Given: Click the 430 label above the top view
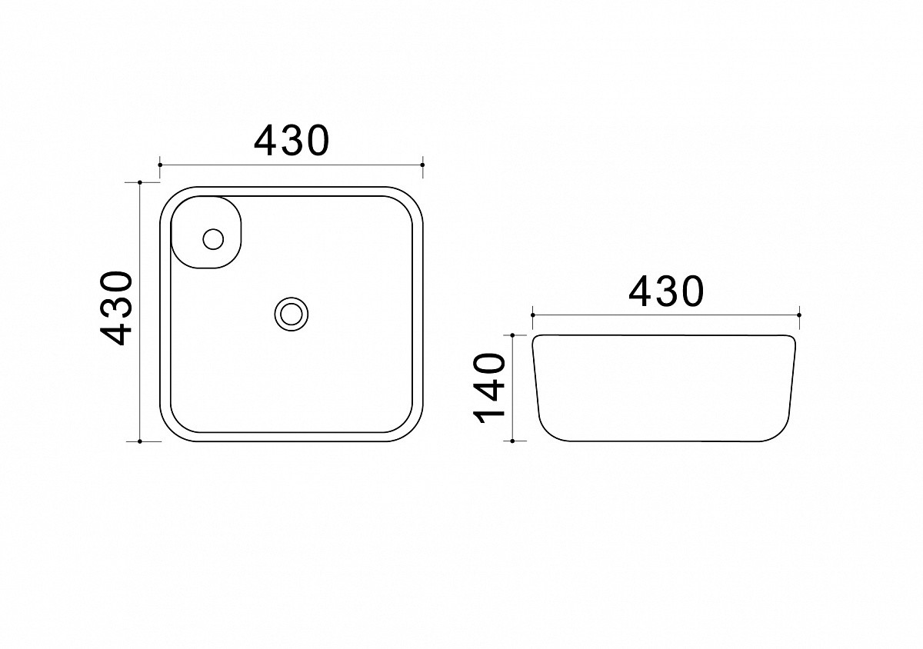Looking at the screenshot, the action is click(x=292, y=141).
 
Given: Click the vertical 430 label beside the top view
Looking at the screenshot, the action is click(x=116, y=308).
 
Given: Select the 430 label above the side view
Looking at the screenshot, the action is click(x=666, y=291).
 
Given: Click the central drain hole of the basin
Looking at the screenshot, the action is click(x=292, y=314).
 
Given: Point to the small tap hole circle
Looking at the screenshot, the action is click(x=213, y=239).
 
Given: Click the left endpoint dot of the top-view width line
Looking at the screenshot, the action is click(x=160, y=165).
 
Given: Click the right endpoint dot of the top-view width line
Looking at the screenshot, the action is click(x=423, y=165).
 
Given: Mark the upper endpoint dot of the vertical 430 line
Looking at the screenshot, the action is click(x=140, y=182).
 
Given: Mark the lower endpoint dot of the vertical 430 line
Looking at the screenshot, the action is click(x=140, y=441).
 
